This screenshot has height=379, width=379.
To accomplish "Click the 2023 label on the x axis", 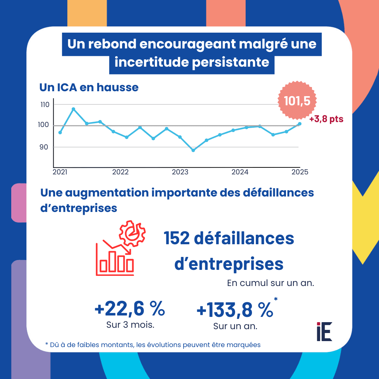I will (x=180, y=172).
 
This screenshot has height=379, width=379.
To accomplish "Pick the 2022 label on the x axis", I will (x=120, y=172).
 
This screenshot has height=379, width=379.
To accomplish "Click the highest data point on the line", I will (x=73, y=109).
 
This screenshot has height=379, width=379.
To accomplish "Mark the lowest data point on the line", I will (x=193, y=150).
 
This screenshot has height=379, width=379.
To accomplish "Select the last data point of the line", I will (x=299, y=124).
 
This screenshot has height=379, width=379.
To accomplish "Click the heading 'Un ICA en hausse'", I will (x=89, y=87).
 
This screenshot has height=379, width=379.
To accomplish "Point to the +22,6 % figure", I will (x=129, y=309).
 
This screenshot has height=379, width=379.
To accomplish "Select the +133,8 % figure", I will (x=234, y=310).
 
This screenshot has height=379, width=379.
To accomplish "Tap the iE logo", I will (x=324, y=331).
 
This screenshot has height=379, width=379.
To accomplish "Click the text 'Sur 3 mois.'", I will (x=130, y=325).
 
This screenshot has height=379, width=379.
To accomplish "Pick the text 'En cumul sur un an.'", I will (x=270, y=283).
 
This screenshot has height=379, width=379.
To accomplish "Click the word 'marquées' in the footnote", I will (x=244, y=345).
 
